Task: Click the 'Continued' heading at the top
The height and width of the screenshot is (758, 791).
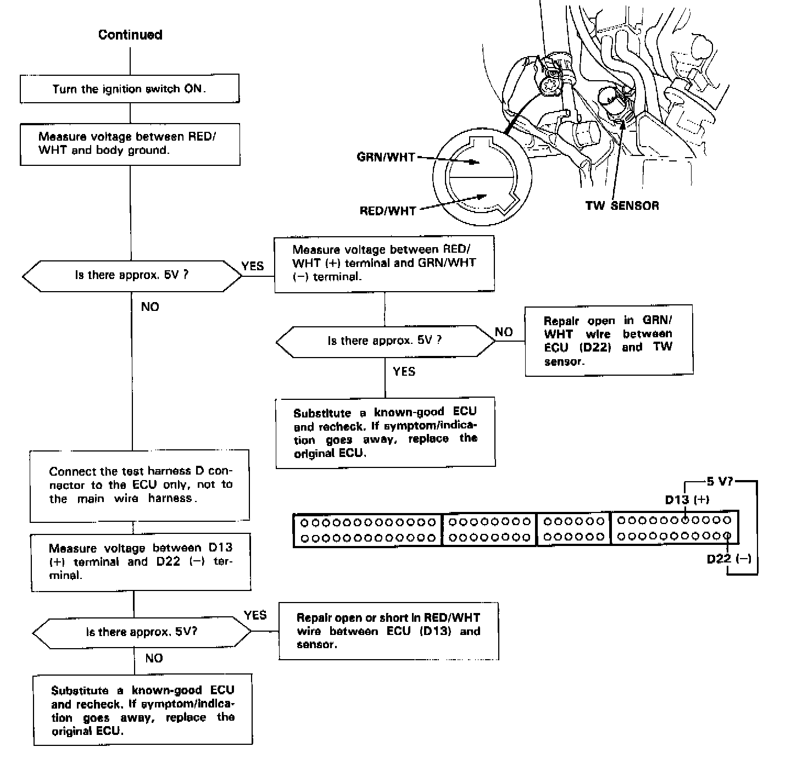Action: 130,35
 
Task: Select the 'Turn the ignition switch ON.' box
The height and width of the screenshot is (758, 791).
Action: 130,89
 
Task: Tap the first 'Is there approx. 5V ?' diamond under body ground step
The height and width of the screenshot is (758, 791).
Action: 132,275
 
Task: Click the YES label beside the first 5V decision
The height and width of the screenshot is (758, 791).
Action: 253,266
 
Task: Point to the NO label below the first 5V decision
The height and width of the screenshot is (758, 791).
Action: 150,306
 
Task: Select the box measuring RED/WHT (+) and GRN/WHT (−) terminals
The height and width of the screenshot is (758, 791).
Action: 384,263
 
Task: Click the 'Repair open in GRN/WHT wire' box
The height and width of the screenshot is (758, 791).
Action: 608,341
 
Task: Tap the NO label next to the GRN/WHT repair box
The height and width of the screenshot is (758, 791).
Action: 504,332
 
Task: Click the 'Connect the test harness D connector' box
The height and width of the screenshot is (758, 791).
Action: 140,485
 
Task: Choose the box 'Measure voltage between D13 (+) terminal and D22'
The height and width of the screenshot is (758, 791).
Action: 141,561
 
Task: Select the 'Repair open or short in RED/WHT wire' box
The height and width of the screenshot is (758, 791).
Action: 388,631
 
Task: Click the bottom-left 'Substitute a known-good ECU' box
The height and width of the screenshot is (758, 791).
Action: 143,710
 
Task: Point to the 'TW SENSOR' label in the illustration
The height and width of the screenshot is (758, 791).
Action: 622,205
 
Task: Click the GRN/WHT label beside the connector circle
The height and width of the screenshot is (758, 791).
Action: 386,157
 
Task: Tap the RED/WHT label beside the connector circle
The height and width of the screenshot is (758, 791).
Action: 388,211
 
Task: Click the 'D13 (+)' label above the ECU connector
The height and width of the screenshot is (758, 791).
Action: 687,499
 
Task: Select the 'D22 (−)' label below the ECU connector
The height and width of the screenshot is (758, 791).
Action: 728,559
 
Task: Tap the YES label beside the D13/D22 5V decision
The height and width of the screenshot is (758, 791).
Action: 255,615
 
